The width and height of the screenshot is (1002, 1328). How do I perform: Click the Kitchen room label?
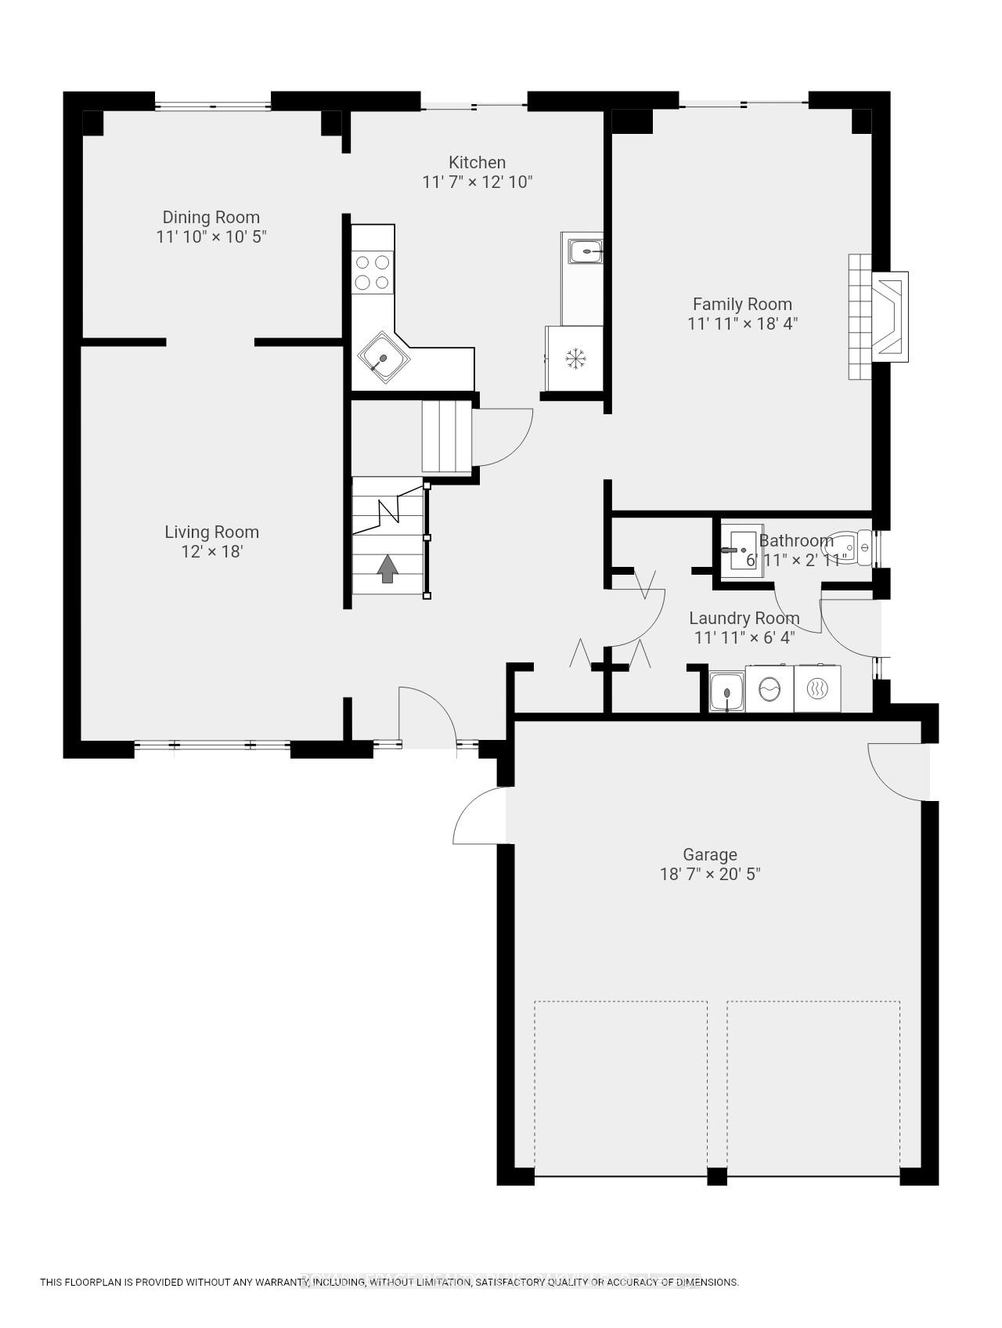coord(477,163)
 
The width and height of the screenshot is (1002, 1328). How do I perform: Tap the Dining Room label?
coord(211,218)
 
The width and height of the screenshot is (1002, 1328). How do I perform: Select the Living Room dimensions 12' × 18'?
coord(211,551)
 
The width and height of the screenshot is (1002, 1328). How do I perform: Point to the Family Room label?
coord(742,305)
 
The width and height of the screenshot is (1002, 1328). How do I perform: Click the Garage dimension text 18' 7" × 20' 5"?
coord(709,874)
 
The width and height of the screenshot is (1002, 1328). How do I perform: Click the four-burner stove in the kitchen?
coord(373,272)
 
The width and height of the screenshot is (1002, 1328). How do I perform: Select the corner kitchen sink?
coord(384,359)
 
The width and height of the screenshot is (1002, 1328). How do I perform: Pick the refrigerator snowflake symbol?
coord(576,359)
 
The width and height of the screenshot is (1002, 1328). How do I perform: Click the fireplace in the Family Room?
coord(888,316)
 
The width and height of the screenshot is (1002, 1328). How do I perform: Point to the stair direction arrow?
coord(387,569)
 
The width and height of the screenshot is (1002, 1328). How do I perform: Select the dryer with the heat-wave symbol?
coord(816,689)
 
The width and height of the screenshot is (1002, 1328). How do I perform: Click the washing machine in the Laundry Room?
coord(770,689)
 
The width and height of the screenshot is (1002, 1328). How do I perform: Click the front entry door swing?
coord(427,714)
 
